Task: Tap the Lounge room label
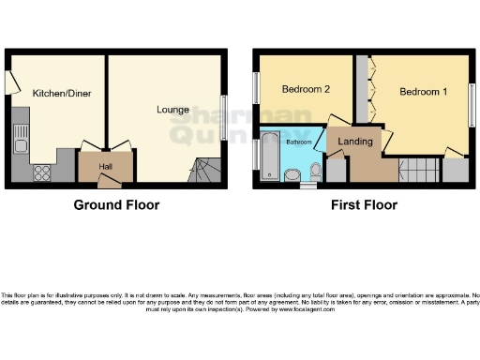[x=172, y=110]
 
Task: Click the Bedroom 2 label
[x=306, y=92]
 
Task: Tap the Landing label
[x=357, y=142]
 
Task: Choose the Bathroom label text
[x=299, y=142]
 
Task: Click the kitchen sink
[x=21, y=142]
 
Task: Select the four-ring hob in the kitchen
[x=41, y=172]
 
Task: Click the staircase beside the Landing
[x=418, y=171]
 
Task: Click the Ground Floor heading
[x=117, y=204]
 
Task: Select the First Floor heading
[x=363, y=204]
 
